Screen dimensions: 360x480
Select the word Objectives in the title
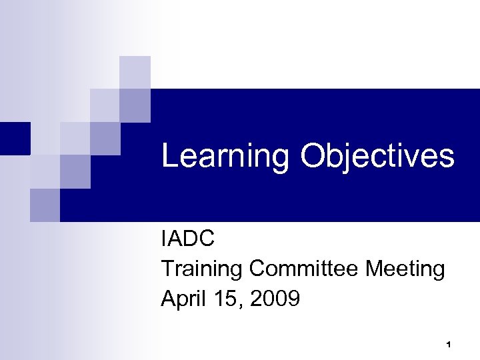[377, 157]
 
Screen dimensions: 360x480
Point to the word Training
[202, 269]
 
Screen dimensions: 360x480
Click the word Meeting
[405, 269]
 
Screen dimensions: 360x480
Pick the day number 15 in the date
[223, 299]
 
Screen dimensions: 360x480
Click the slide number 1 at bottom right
[449, 345]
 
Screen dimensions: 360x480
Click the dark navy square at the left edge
[15, 138]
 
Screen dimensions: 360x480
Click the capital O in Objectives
[312, 157]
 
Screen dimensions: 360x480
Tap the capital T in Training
[167, 269]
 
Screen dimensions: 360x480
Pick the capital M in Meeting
[375, 269]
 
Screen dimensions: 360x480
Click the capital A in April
[167, 299]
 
